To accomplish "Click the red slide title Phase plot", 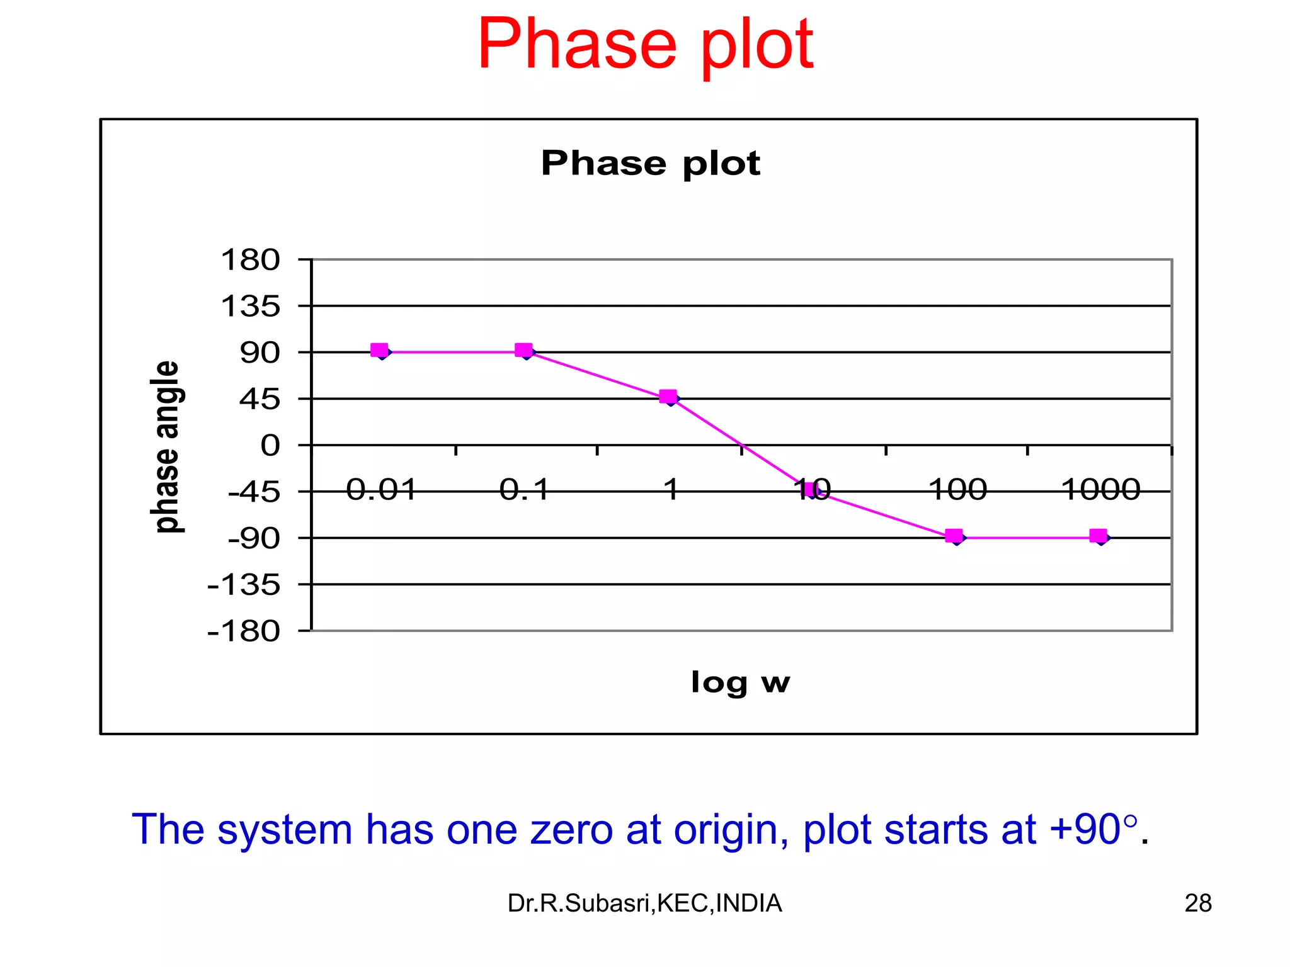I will point(645,45).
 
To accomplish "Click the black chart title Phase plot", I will point(650,164).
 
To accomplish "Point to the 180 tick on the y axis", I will point(250,260).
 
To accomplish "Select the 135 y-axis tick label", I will point(250,307).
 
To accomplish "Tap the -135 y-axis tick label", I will point(244,585).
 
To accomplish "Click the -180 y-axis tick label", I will point(244,631).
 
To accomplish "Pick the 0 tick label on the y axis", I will point(270,446).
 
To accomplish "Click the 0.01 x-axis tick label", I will point(381,490).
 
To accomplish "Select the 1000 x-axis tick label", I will point(1100,490).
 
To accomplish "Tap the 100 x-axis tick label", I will point(957,490).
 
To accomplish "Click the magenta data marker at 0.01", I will point(379,350).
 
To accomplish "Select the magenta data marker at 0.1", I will point(523,350).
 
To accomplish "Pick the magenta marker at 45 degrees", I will point(668,396).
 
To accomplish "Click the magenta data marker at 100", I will point(954,536).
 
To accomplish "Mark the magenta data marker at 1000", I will point(1098,536).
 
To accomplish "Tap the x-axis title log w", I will point(740,682).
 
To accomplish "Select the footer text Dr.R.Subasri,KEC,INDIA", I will point(644,903).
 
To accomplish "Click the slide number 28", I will point(1197,903).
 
